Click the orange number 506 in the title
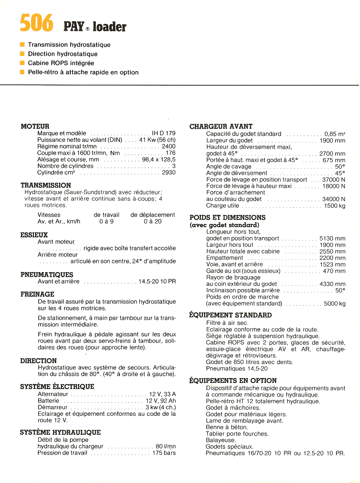[x=36, y=24]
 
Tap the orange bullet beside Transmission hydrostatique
[x=22, y=45]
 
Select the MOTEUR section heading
[x=35, y=126]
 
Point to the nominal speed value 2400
[x=169, y=147]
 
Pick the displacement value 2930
[x=169, y=173]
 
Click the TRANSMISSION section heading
[x=46, y=185]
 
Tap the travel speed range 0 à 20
[x=153, y=222]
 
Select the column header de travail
[x=107, y=215]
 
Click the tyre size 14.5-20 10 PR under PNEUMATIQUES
[x=157, y=281]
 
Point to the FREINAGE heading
[x=37, y=294]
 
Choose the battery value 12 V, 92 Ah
[x=161, y=401]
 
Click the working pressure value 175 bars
[x=164, y=453]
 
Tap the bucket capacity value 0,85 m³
[x=335, y=134]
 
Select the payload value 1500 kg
[x=335, y=205]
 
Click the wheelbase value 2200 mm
[x=332, y=258]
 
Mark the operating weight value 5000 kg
[x=335, y=303]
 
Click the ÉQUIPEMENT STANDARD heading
[x=230, y=315]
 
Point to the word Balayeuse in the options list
[x=220, y=440]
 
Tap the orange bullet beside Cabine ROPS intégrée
[x=22, y=63]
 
